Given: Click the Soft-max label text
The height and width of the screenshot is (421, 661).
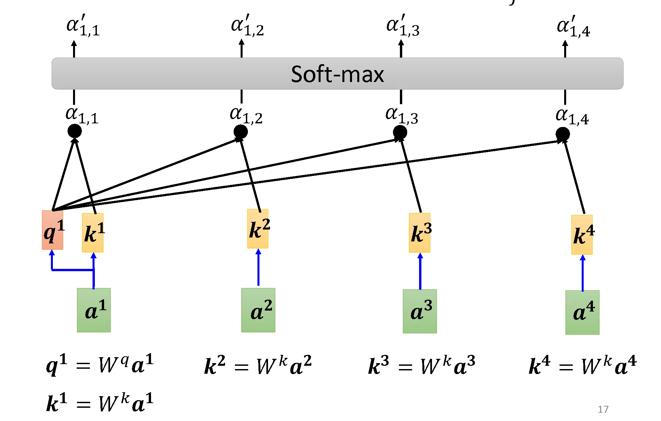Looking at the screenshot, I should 337,74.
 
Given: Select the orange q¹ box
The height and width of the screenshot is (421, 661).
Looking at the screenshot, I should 53,230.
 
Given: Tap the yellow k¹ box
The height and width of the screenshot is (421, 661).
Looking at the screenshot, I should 93,232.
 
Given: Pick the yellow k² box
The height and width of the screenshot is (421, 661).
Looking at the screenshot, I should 258,229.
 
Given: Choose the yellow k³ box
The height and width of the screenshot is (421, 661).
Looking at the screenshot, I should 419,232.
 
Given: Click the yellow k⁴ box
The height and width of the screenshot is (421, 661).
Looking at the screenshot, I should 582,234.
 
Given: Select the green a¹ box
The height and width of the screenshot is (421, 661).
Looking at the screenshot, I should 94,310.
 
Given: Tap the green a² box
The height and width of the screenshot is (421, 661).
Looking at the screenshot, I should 258,310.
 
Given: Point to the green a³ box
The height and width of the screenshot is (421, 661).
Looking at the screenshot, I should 420,311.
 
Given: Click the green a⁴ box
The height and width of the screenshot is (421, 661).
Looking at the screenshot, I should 582,312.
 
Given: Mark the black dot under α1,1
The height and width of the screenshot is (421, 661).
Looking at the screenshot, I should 75,131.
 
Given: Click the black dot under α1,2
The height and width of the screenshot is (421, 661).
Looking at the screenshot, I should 241,132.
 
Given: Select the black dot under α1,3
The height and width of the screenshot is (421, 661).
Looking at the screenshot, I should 400,133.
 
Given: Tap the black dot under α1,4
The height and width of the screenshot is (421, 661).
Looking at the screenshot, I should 563,134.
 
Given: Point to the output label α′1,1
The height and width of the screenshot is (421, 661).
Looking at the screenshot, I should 83,25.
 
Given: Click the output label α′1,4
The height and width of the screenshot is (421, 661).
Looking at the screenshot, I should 573,26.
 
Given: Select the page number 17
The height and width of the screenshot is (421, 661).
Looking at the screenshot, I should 603,409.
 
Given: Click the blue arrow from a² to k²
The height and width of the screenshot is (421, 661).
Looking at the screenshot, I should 258,268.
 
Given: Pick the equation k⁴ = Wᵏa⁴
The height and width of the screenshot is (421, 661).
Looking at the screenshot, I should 582,366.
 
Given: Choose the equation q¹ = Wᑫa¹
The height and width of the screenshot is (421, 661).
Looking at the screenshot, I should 100,364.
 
